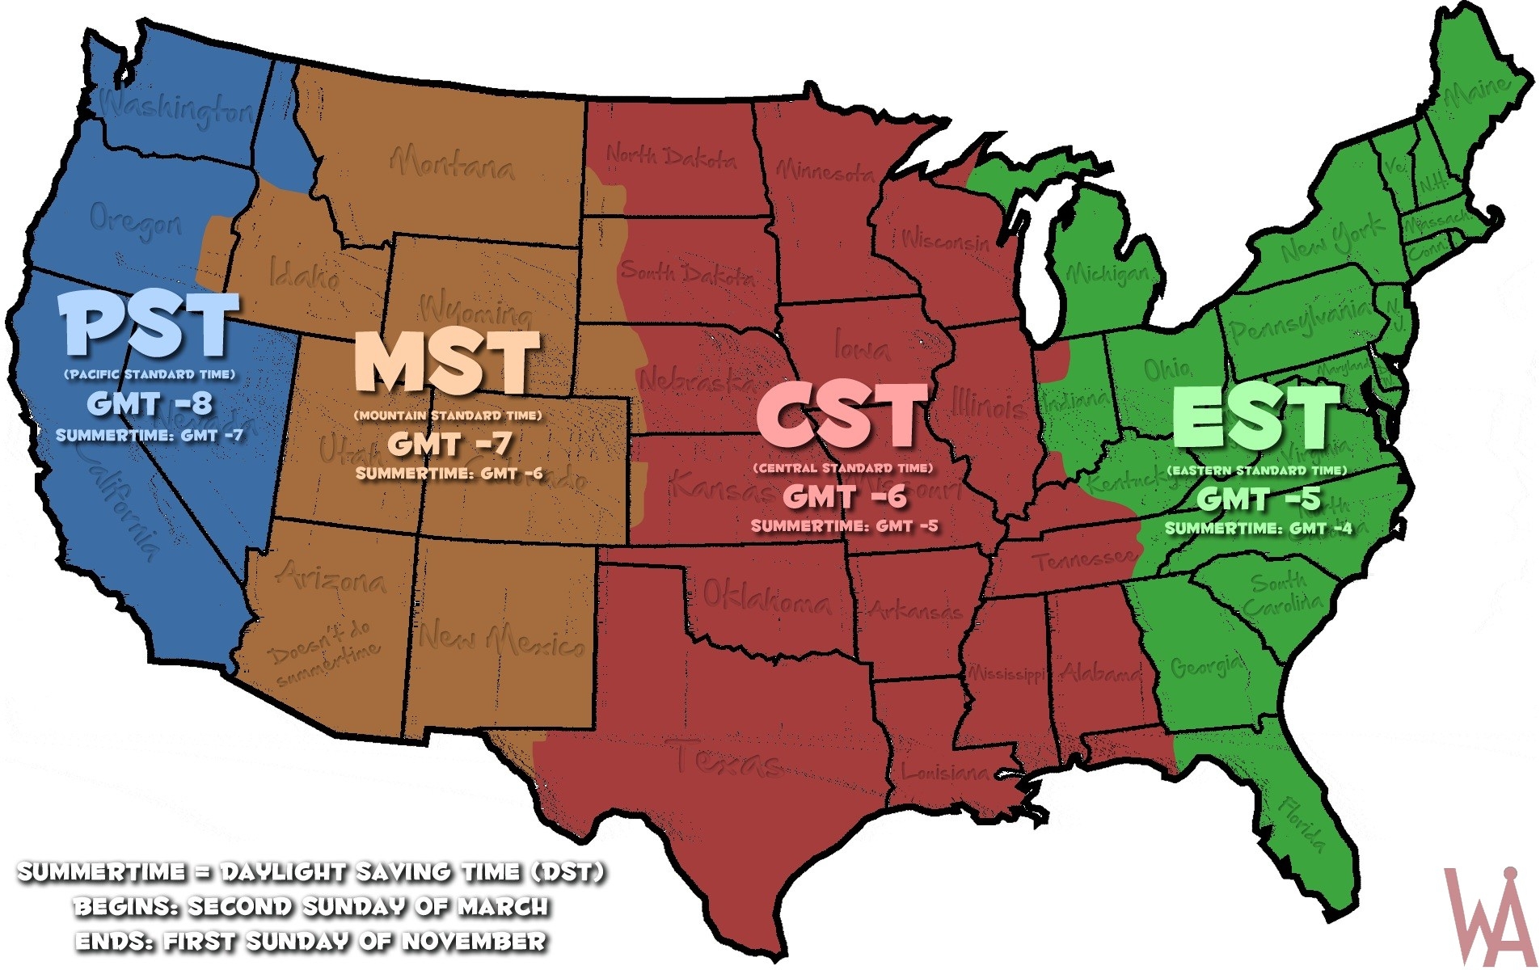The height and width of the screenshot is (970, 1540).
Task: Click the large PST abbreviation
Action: tap(150, 325)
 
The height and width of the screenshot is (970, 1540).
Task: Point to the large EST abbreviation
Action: tap(1255, 417)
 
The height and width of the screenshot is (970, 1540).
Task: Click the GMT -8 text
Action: tap(150, 403)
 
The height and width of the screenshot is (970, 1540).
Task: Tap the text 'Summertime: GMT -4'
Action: tap(1258, 529)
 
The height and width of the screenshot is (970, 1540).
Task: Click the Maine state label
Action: tap(1476, 95)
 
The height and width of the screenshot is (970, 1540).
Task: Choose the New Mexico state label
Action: tap(501, 639)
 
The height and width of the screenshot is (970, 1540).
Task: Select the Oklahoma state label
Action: tap(765, 598)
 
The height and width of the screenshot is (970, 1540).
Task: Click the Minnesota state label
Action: tap(825, 171)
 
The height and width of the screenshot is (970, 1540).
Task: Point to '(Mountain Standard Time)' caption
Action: tap(447, 415)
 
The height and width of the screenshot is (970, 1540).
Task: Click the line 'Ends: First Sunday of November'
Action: tap(311, 942)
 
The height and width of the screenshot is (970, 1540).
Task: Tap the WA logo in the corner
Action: tap(1489, 917)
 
